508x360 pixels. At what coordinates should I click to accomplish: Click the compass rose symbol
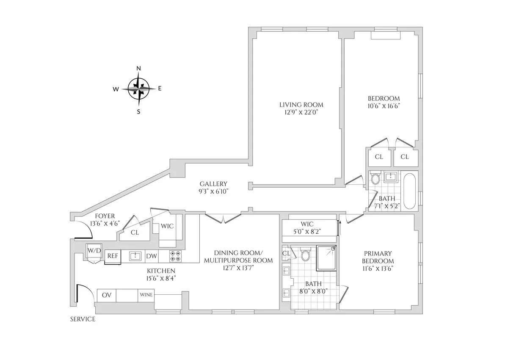point(138,89)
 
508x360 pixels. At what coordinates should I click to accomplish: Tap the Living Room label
point(301,105)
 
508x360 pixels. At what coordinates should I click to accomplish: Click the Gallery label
point(214,184)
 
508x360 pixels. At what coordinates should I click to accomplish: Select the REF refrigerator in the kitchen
point(112,256)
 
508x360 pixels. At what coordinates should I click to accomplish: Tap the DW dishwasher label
point(151,256)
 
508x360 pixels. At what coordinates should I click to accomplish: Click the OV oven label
point(106,295)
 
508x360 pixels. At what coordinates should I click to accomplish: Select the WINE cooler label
point(146,295)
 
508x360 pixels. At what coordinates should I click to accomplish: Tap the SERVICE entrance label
point(83,319)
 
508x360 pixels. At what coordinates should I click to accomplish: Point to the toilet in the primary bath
point(306,255)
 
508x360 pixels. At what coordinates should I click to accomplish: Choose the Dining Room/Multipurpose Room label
point(238,257)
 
